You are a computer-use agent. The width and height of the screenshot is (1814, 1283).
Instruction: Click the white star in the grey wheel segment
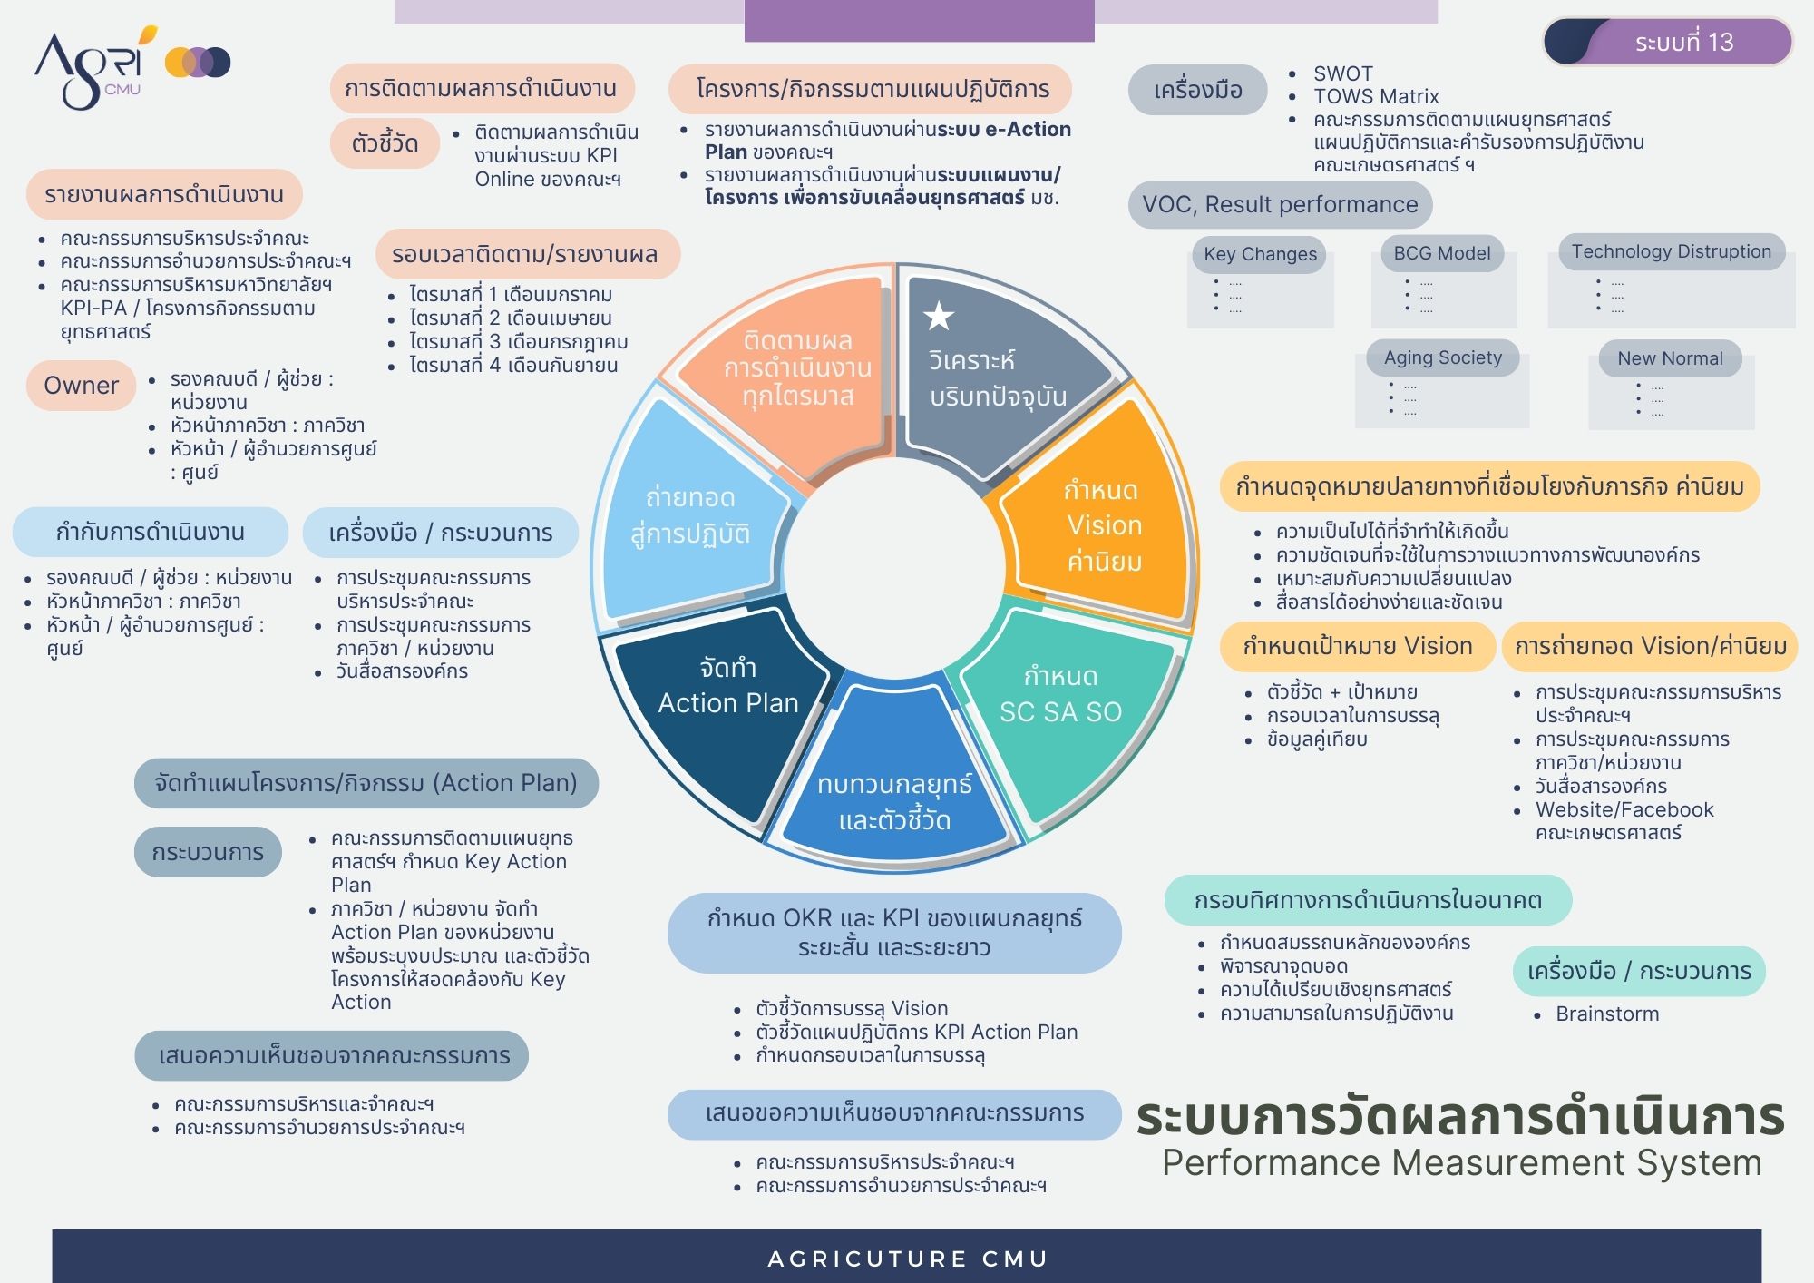click(939, 316)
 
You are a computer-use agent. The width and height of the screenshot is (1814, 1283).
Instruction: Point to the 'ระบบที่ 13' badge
click(1668, 42)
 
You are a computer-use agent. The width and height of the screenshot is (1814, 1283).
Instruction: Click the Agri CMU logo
click(132, 67)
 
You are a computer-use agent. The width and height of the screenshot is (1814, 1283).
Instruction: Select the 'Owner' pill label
click(81, 386)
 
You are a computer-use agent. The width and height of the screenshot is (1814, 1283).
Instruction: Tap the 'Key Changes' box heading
click(1260, 254)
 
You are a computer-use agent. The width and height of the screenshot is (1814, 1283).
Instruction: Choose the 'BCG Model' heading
click(1442, 253)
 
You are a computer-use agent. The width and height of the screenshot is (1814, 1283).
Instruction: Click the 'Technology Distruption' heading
click(1672, 251)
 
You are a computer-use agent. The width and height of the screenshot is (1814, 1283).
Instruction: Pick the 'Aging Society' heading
click(1443, 357)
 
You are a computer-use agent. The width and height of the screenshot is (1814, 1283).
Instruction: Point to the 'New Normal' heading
click(1670, 358)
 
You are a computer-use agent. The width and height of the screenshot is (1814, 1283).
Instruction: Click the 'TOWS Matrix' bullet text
click(1376, 96)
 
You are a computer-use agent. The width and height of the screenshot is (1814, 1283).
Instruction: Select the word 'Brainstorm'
click(1607, 1014)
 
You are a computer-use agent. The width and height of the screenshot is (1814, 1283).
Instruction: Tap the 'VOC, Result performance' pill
click(1280, 204)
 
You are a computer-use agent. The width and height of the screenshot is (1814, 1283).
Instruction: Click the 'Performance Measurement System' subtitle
click(1462, 1162)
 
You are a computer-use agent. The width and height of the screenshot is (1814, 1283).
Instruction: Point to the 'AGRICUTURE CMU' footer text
click(908, 1259)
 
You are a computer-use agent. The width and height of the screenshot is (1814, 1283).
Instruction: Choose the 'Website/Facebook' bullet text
click(1624, 809)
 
